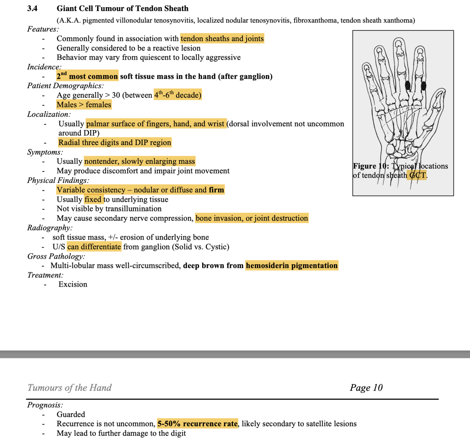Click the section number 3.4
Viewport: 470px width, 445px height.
[32, 8]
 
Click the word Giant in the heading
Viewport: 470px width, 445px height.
[67, 8]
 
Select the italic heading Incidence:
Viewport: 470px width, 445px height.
[44, 67]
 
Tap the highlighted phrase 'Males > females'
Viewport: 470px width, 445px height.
[84, 105]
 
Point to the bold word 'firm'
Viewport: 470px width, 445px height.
[216, 190]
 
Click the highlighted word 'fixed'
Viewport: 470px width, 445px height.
[93, 199]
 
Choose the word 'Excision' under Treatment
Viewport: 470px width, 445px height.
[73, 284]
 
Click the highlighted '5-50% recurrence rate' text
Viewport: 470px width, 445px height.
[197, 424]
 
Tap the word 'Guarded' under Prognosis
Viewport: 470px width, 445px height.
[71, 414]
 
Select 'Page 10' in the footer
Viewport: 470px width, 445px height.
[366, 388]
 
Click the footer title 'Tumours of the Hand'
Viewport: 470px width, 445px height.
[69, 388]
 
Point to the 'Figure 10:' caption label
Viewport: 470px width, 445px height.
[371, 166]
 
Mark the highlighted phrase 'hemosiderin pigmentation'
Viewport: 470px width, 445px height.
[292, 266]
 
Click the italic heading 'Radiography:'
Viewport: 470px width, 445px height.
[50, 228]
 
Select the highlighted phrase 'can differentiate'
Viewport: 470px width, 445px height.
[94, 247]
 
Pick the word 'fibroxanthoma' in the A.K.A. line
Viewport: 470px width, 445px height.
[316, 20]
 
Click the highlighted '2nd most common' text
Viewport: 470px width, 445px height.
[87, 76]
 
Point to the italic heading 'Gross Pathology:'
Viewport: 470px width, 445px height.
[56, 256]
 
